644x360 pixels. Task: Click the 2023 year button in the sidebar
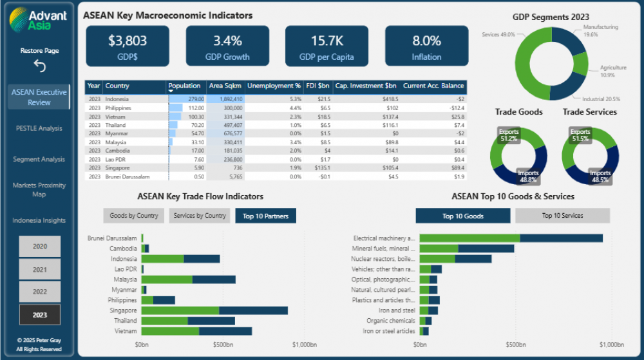click(x=40, y=314)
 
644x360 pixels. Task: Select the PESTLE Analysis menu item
click(x=39, y=128)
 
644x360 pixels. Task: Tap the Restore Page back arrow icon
click(x=39, y=66)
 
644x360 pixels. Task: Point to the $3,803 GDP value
click(x=128, y=41)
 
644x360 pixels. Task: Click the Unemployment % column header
click(x=274, y=86)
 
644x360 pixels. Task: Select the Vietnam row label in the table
click(x=117, y=117)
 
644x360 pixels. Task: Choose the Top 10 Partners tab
click(x=265, y=216)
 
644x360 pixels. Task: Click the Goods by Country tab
click(x=134, y=216)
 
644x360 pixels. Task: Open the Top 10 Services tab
click(x=562, y=216)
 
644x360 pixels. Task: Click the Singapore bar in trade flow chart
click(x=214, y=310)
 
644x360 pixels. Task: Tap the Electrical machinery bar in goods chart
click(x=511, y=238)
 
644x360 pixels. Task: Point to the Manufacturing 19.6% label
click(x=600, y=31)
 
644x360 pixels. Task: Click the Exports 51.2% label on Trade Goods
click(x=509, y=135)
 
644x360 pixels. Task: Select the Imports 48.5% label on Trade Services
click(x=600, y=176)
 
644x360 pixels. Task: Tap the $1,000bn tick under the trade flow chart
click(x=304, y=345)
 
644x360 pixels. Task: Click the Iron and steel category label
click(x=399, y=310)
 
